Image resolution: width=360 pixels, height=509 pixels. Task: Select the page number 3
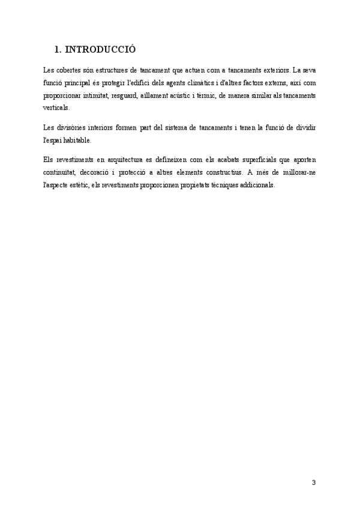click(x=314, y=483)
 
